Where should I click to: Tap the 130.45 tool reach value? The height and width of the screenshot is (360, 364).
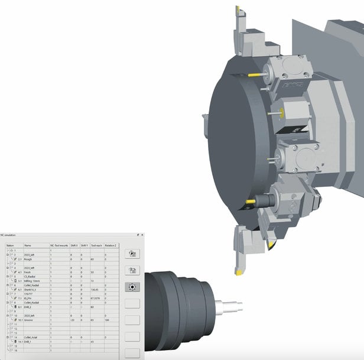94,290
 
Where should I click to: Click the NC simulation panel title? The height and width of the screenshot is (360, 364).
12,235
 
